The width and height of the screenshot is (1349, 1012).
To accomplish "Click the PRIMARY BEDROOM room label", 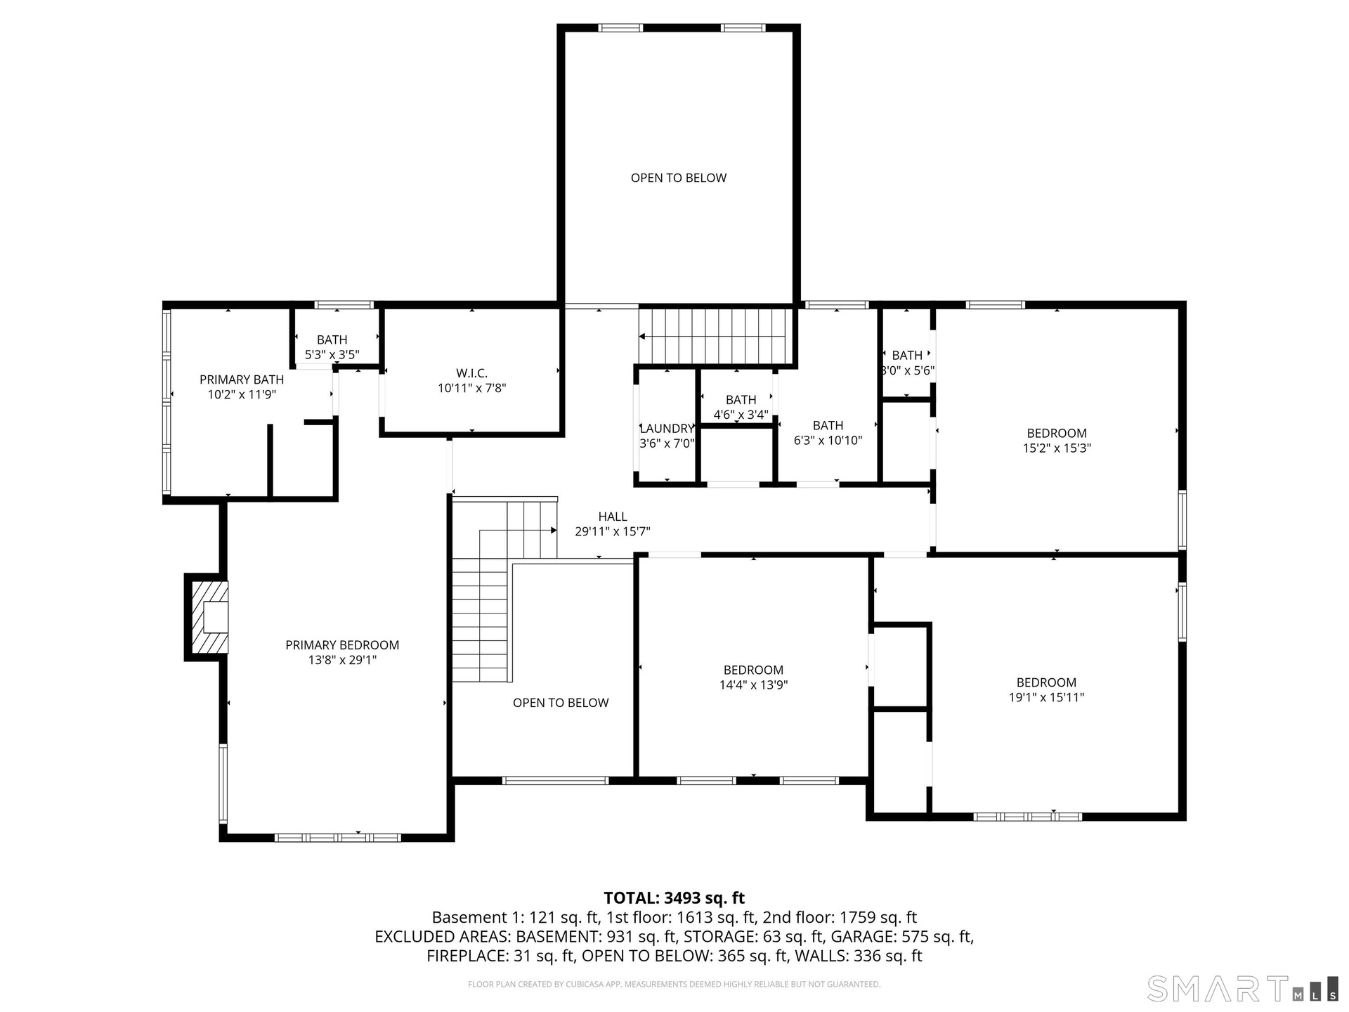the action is click(x=342, y=645).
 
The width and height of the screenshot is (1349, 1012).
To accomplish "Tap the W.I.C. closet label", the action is click(x=471, y=373).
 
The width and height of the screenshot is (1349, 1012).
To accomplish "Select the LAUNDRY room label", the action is click(x=667, y=429).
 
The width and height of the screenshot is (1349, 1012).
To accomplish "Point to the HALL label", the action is click(x=613, y=517).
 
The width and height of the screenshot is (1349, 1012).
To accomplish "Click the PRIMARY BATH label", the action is click(x=242, y=379).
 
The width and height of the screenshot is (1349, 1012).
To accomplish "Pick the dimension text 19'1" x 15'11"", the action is click(x=1046, y=697).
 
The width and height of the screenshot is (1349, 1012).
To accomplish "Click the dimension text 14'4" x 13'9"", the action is click(x=753, y=685).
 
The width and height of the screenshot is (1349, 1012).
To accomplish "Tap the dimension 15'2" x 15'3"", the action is click(x=1057, y=448).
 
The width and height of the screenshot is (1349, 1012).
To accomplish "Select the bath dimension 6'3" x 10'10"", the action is click(x=828, y=441).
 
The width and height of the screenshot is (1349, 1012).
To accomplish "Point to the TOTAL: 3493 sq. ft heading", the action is click(x=674, y=897).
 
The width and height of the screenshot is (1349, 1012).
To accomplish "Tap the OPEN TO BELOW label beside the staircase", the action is click(x=561, y=703).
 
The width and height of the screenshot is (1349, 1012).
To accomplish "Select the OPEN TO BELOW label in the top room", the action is click(x=679, y=178).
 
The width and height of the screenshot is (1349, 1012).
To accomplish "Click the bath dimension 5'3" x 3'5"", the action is click(x=332, y=355).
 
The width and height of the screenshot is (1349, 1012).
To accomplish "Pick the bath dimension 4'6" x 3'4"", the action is click(x=741, y=415).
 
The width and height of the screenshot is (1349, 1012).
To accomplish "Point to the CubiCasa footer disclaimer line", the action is click(x=674, y=985).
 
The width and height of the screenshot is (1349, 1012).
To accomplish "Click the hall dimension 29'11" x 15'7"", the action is click(x=613, y=532).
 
